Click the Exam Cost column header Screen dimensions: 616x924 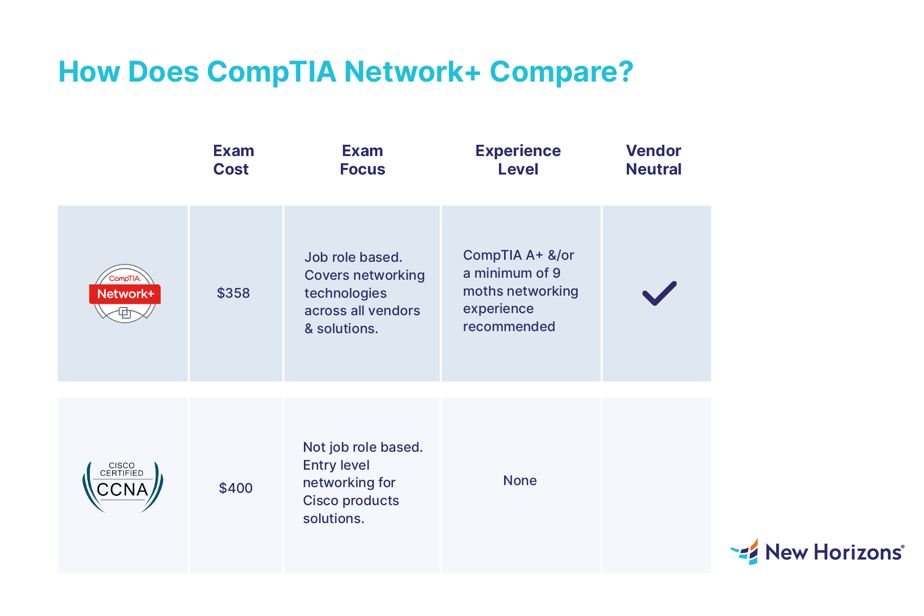click(233, 160)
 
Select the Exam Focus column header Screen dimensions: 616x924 click(362, 160)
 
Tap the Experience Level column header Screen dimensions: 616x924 click(518, 160)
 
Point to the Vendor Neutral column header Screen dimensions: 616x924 click(653, 160)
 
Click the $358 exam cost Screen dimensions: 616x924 click(233, 293)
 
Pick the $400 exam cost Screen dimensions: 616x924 click(236, 488)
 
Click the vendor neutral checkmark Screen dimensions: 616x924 click(660, 293)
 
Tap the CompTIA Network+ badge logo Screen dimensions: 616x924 click(125, 294)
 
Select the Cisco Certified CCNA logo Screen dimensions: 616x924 click(123, 487)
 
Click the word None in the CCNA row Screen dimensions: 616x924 click(520, 481)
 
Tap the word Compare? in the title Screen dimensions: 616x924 click(562, 72)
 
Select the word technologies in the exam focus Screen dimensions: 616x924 click(345, 293)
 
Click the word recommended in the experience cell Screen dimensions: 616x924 click(509, 327)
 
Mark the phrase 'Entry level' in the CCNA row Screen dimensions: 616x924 click(336, 465)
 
